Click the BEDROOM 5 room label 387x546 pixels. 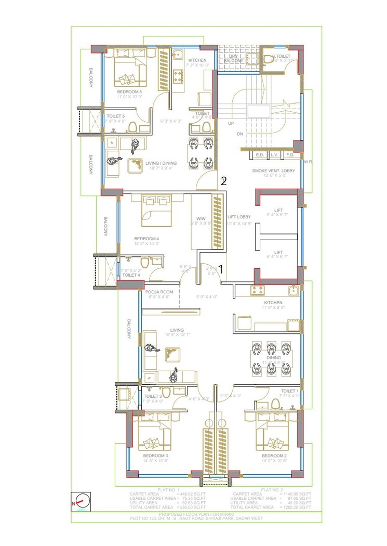click(x=129, y=92)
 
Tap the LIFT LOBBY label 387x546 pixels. click(x=239, y=217)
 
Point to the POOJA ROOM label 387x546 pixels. click(x=159, y=292)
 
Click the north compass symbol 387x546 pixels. click(x=81, y=502)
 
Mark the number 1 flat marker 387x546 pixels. click(x=221, y=269)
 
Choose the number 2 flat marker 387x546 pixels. click(x=223, y=181)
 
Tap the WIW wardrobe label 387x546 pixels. click(x=201, y=218)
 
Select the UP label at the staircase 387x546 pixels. click(x=231, y=123)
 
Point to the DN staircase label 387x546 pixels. click(x=240, y=134)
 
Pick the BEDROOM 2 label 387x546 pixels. click(x=274, y=456)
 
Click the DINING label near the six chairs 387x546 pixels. click(x=273, y=358)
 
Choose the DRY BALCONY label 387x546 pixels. click(x=233, y=58)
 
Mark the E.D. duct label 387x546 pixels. click(x=260, y=155)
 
